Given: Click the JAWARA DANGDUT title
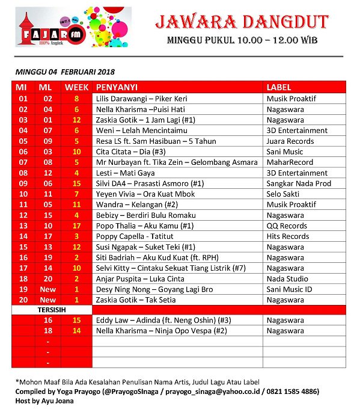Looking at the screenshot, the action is click(242, 23).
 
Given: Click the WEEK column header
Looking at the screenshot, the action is click(76, 87).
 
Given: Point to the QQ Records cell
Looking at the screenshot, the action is click(287, 226).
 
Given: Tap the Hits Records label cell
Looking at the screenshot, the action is click(287, 236).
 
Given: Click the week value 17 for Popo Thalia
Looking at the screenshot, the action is click(76, 226).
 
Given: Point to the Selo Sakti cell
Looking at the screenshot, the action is click(285, 194).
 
